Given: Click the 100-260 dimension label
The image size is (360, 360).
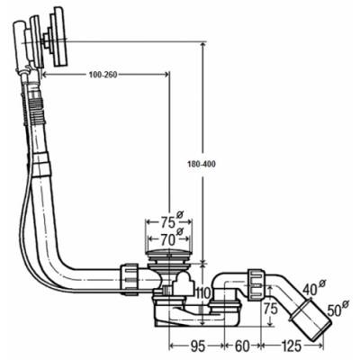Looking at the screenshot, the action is [x=103, y=75].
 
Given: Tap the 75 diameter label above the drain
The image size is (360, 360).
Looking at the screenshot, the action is [x=167, y=222].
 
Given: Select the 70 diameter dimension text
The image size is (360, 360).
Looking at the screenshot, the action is [x=167, y=239].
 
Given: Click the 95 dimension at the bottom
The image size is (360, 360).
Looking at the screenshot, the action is [x=197, y=346].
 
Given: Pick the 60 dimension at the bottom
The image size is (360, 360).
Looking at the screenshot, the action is [x=242, y=346].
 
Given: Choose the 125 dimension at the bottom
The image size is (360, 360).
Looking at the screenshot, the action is [x=291, y=346].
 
